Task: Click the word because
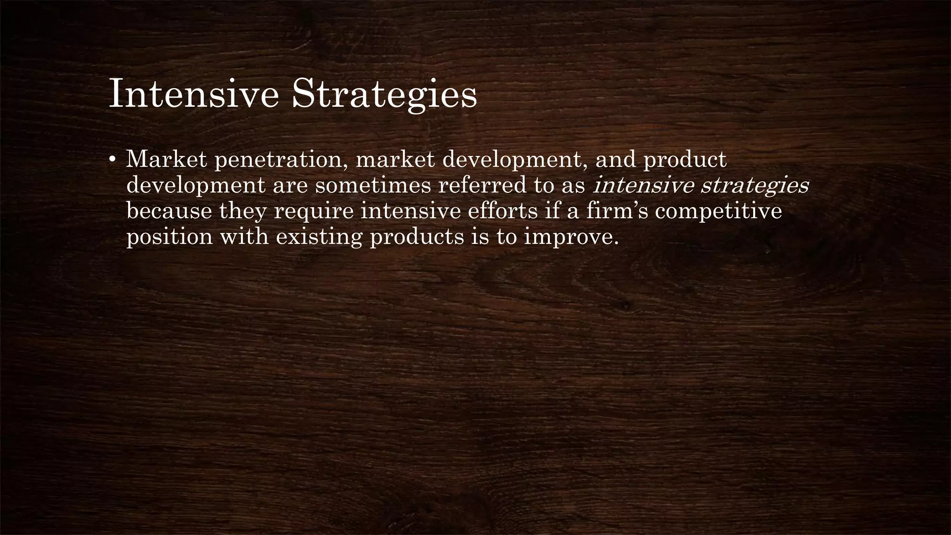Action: click(169, 211)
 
